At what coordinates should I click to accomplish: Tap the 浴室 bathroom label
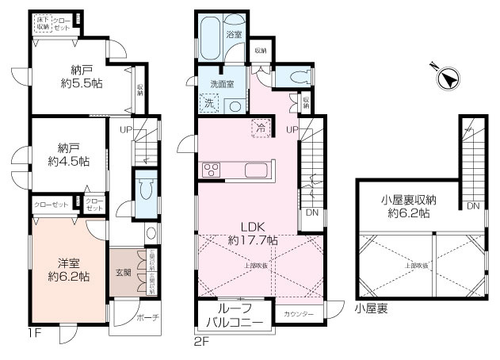[x=234, y=36]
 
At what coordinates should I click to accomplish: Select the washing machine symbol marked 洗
[x=209, y=102]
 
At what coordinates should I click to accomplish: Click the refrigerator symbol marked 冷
[x=259, y=127]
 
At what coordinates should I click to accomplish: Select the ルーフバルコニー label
[x=235, y=318]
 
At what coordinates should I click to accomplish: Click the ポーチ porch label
[x=147, y=317]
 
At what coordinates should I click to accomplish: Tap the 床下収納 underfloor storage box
[x=42, y=24]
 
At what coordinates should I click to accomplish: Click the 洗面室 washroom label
[x=222, y=83]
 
